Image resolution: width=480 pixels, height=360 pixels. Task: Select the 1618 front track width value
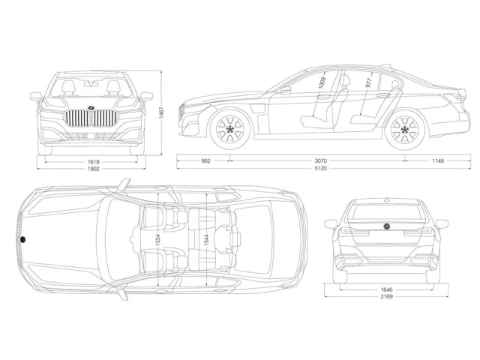point(94,161)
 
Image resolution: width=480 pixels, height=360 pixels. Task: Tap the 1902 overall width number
point(94,169)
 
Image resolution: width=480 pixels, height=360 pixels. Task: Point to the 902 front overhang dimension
point(205,161)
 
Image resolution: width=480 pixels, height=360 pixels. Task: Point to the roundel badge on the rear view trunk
point(385,226)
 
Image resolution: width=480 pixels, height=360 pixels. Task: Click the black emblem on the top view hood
point(23,239)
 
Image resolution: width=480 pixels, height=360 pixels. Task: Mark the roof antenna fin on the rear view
point(386,199)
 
